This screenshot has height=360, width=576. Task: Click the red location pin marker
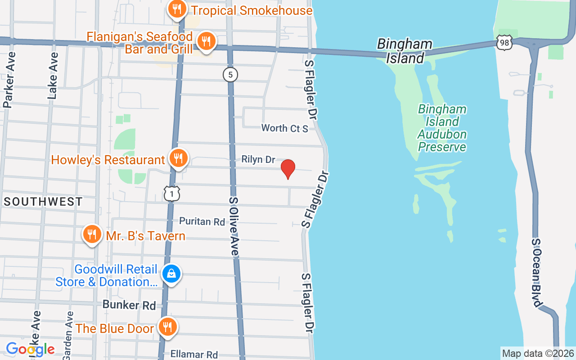click(x=288, y=169)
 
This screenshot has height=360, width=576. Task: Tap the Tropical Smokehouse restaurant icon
click(x=177, y=9)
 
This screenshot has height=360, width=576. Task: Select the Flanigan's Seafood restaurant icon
click(x=206, y=42)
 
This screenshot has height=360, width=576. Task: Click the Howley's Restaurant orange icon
click(x=179, y=158)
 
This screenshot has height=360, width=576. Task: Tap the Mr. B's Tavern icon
click(x=92, y=234)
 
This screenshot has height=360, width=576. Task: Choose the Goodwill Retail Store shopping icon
click(x=171, y=273)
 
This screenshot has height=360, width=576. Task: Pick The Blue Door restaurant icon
click(x=167, y=327)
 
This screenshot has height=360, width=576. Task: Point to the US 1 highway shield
click(x=172, y=193)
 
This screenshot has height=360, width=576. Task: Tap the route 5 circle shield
click(x=230, y=75)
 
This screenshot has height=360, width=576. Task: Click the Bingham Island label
click(x=405, y=51)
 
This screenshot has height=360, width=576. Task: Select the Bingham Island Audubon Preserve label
click(x=442, y=128)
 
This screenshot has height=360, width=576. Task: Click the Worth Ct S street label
click(x=285, y=128)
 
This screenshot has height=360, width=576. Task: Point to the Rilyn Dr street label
click(x=258, y=159)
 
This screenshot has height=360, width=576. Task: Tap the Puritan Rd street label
click(x=202, y=221)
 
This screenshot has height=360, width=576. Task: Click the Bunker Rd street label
click(x=129, y=305)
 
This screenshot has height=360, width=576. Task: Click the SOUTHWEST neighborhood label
click(x=43, y=202)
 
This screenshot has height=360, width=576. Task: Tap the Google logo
click(x=30, y=349)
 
